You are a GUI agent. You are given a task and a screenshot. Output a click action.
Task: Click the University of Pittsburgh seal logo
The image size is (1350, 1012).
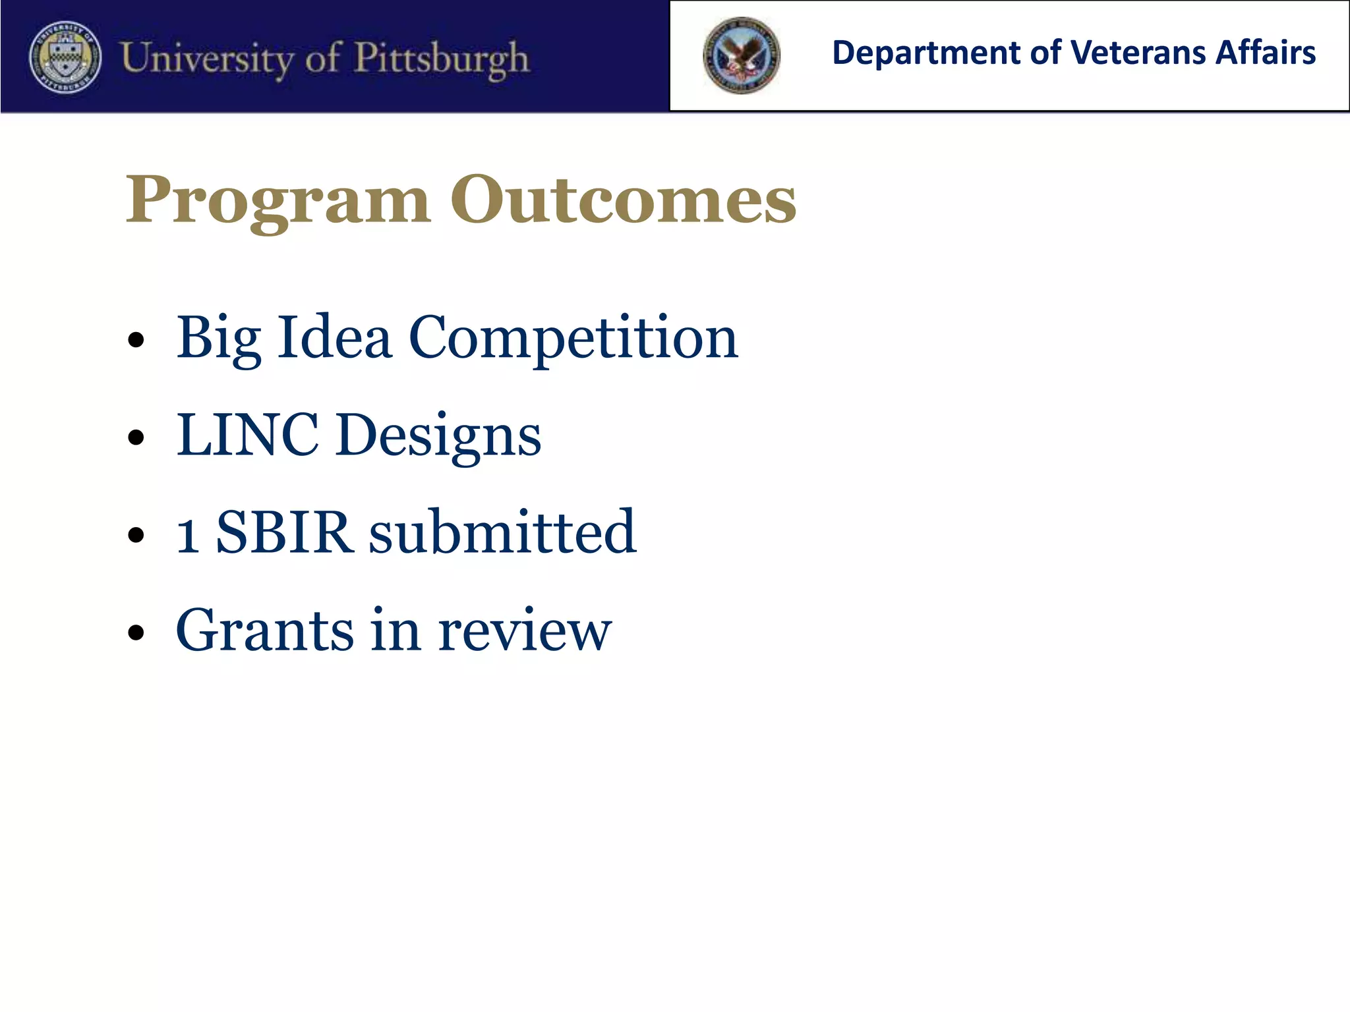coord(66,57)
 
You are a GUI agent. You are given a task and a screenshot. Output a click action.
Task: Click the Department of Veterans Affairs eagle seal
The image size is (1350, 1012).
coord(742,56)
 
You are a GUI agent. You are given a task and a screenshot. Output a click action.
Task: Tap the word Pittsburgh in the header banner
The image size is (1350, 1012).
coord(442,59)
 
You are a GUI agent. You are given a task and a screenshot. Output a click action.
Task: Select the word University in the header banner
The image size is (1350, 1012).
coord(206,58)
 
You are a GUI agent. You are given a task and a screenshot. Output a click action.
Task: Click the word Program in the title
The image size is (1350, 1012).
coord(278,200)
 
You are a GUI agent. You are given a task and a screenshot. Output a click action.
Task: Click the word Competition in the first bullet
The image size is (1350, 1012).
coord(573,339)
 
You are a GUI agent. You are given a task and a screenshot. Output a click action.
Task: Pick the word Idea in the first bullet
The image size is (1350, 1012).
coord(335,337)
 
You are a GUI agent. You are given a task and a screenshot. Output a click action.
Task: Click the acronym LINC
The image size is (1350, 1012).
coord(247,435)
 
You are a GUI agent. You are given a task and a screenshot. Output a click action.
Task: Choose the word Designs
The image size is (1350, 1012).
coord(438,436)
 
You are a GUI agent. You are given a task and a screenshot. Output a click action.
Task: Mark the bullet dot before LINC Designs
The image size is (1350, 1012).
coord(136,437)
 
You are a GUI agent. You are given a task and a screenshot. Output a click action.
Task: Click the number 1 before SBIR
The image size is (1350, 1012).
coord(188,534)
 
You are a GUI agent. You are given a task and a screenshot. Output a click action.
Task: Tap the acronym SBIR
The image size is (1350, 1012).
coord(283,532)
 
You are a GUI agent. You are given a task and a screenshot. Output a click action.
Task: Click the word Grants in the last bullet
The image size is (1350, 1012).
coord(264,631)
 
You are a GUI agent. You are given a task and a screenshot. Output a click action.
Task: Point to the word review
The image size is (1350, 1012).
coord(525,631)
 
